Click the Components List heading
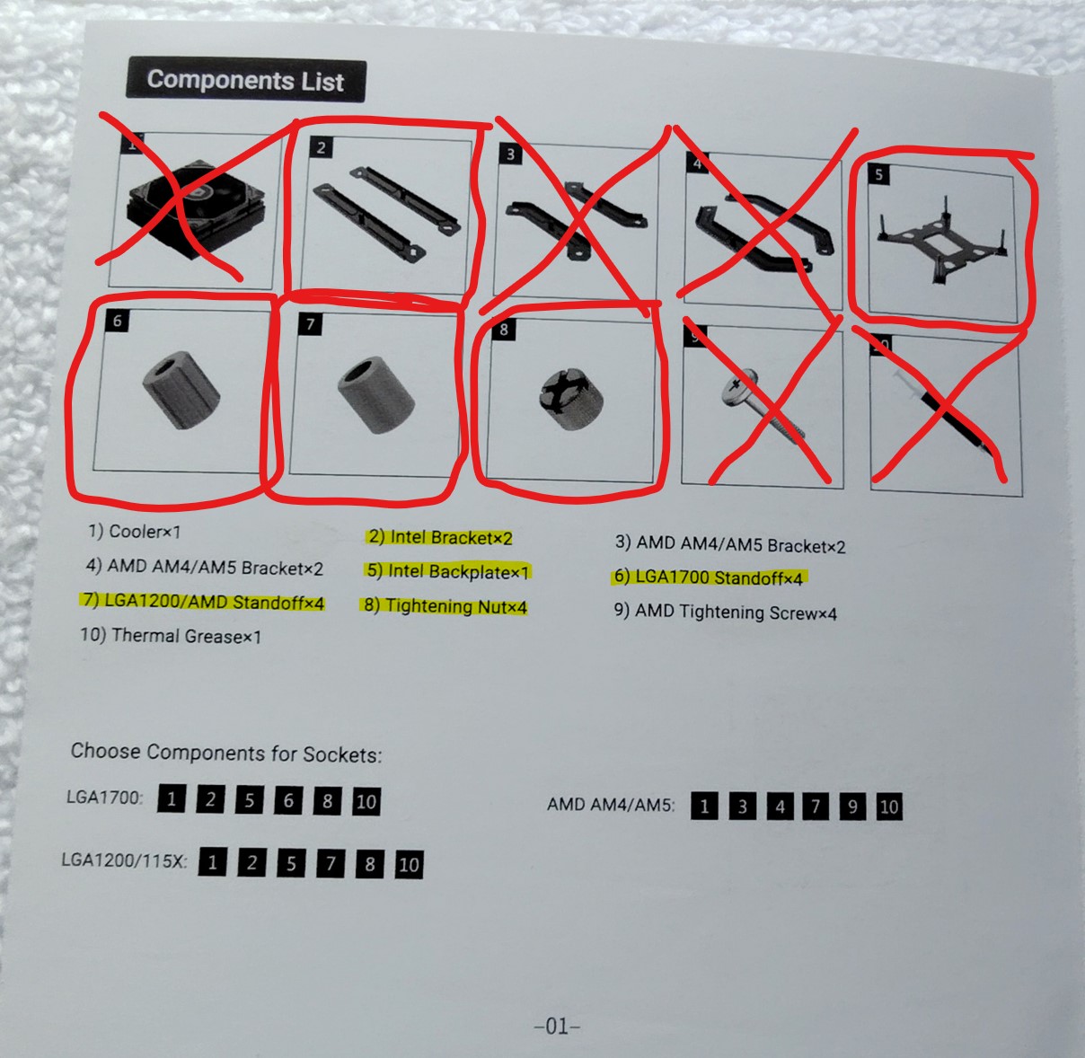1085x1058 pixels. pos(245,80)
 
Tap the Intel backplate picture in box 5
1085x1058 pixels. pos(940,240)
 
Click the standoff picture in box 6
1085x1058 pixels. pos(181,390)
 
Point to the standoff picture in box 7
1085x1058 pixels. pos(375,396)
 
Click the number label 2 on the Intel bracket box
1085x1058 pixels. pos(322,147)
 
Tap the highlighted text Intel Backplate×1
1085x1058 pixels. pos(448,572)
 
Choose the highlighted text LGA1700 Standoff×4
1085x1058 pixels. pos(709,577)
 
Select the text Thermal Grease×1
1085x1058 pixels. pos(171,636)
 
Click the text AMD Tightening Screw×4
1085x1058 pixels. pos(726,612)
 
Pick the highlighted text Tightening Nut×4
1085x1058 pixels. pos(445,606)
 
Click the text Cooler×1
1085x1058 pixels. pos(135,531)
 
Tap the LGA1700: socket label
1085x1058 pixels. pos(105,798)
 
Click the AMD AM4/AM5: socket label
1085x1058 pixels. pos(611,805)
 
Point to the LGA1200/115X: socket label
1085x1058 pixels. pos(124,860)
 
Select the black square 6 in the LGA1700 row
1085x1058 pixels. pos(288,800)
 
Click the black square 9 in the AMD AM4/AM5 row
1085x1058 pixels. pos(852,807)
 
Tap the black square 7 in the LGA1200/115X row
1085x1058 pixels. pos(331,863)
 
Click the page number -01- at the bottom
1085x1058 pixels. pos(557,1026)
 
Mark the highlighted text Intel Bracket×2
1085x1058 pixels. pos(440,537)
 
